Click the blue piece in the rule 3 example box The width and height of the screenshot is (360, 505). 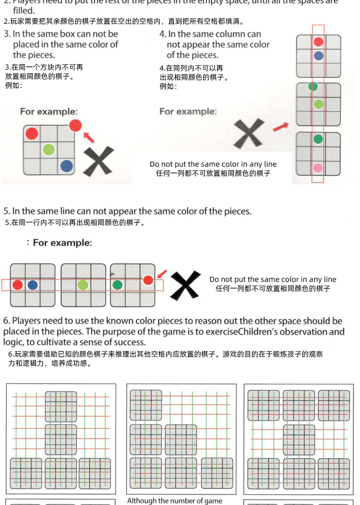(67, 166)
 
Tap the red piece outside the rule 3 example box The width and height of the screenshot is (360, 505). (75, 125)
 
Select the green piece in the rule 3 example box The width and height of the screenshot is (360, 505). (49, 149)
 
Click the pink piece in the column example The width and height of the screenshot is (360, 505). (319, 168)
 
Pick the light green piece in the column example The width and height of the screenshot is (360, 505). (319, 104)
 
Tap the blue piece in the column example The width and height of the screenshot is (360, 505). (319, 56)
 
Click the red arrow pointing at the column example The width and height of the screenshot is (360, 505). (281, 126)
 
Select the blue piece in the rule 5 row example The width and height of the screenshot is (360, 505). (32, 285)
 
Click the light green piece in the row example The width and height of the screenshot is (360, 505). (82, 285)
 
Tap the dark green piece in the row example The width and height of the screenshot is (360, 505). (117, 285)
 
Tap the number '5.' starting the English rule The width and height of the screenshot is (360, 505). (7, 211)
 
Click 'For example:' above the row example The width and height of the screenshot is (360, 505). (62, 243)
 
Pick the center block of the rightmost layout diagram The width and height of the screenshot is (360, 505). (299, 440)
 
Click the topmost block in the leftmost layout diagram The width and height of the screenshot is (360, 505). (61, 406)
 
